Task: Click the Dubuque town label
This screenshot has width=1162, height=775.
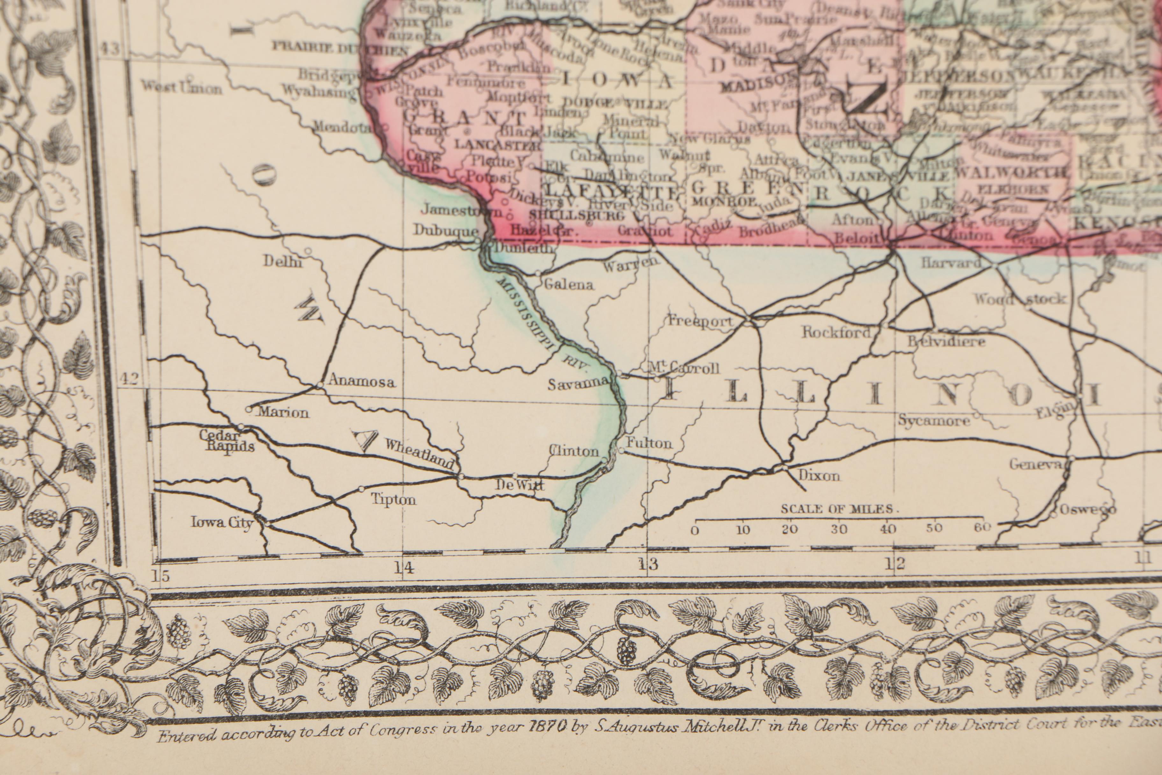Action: point(446,231)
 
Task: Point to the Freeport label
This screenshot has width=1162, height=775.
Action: point(700,321)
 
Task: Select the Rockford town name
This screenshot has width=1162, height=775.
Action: point(836,332)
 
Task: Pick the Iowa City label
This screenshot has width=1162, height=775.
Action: point(222,522)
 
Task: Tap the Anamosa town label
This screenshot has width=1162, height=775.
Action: point(362,381)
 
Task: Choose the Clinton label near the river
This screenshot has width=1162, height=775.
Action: point(574,451)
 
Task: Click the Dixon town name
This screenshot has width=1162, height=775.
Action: point(819,475)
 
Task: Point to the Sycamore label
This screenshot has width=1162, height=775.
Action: point(933,421)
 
